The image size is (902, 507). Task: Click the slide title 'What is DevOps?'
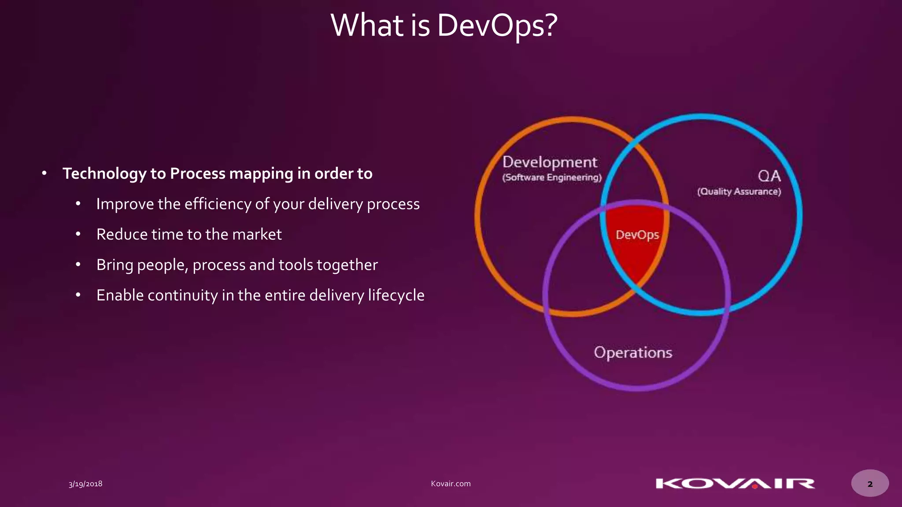tap(444, 26)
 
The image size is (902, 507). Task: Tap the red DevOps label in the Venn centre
tap(637, 235)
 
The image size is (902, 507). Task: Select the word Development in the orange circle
tap(550, 162)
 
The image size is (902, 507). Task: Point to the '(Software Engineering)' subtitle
tap(552, 177)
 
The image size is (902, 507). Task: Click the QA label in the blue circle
tap(769, 176)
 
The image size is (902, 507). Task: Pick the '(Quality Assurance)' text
tap(739, 191)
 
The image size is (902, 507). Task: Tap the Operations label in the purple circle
tap(633, 353)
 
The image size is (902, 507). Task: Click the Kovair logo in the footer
tap(735, 484)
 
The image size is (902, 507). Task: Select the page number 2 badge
tap(870, 484)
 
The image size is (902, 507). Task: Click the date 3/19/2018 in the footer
tap(85, 484)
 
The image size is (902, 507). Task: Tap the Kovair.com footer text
tap(451, 484)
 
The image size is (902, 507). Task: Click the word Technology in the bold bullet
tap(104, 174)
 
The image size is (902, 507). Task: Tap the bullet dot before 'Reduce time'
tap(78, 235)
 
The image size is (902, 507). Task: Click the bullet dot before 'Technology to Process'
tap(44, 173)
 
